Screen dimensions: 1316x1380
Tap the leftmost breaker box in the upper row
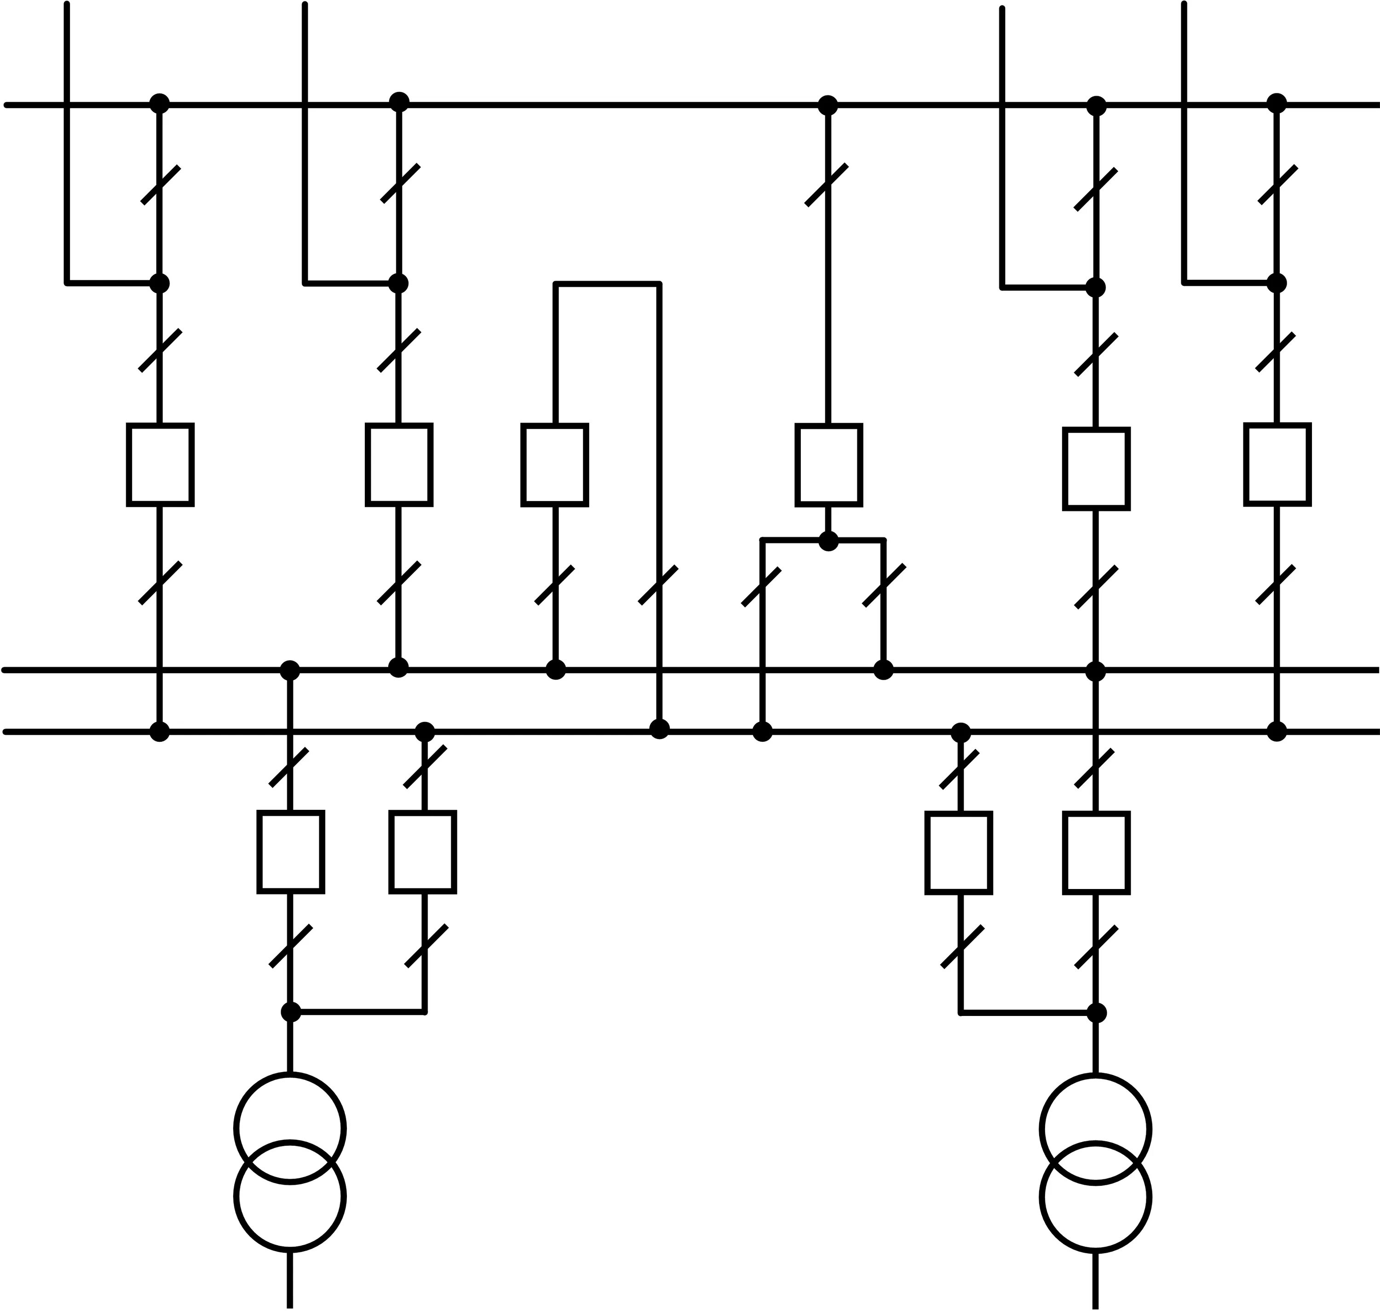160,464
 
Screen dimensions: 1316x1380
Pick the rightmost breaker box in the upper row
1277,464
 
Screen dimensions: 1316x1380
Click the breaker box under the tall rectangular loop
555,464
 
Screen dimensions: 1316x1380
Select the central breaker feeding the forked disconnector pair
828,464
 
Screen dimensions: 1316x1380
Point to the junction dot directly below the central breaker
828,541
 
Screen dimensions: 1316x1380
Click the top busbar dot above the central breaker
828,105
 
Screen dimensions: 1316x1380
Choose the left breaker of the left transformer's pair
290,852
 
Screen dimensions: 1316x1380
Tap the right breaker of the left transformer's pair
423,852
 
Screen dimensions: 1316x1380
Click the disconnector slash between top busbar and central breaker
827,185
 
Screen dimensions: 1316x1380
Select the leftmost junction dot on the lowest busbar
160,732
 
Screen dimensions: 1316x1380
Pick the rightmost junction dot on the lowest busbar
1277,732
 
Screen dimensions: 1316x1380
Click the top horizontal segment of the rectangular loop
607,284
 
